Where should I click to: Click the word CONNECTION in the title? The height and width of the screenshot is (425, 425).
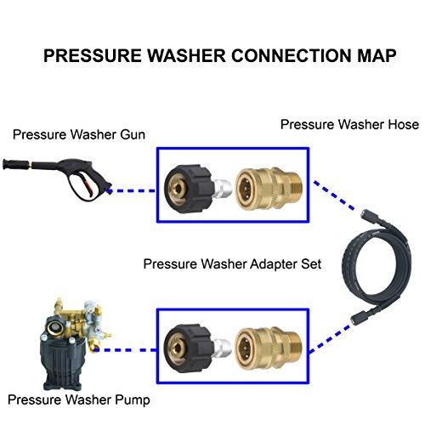[x=277, y=57]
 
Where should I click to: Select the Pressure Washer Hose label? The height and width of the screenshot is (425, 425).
[x=350, y=125]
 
